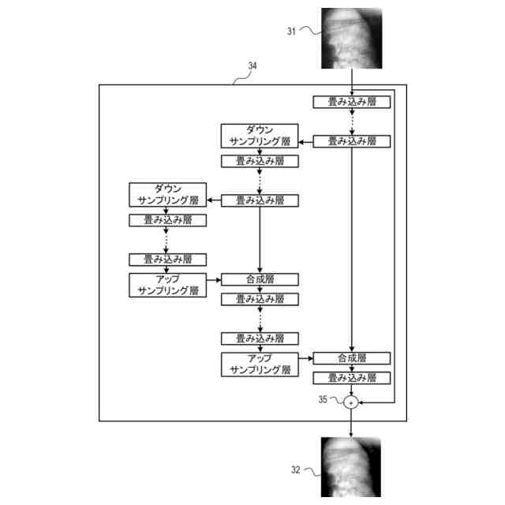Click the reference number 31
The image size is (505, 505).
[290, 32]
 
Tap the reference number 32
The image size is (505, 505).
[295, 469]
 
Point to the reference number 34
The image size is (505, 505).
[251, 67]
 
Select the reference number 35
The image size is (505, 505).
[322, 399]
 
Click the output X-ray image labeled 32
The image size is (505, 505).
[351, 467]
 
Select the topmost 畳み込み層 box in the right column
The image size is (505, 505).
[352, 102]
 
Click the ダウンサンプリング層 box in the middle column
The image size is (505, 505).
[260, 135]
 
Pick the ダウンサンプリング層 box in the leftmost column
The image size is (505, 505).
[167, 194]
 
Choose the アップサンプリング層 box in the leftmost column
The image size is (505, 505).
[167, 285]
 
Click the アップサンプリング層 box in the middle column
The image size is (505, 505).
[260, 364]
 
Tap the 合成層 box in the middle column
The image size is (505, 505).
[260, 279]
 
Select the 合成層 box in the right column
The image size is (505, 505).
[352, 357]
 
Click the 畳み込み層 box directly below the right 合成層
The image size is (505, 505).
[352, 377]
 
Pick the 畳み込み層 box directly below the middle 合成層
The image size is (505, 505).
[260, 299]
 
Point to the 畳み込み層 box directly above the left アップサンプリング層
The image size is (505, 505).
[167, 259]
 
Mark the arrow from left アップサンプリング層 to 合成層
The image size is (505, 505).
[213, 279]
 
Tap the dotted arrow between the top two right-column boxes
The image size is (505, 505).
[352, 122]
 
